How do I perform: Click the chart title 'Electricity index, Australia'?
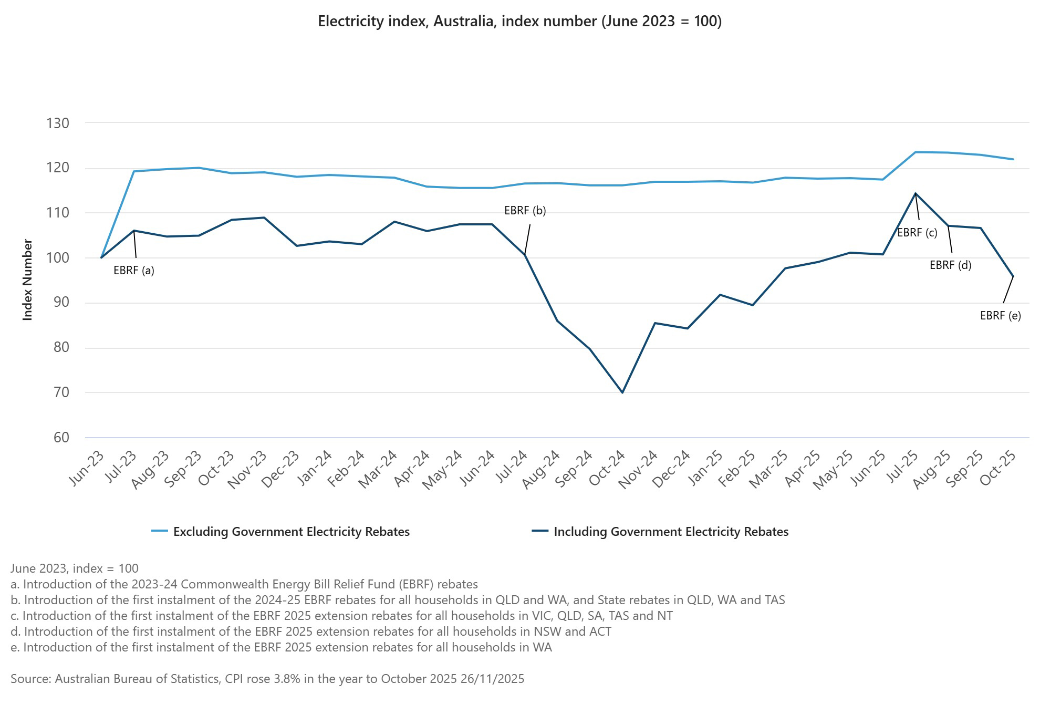coord(519,22)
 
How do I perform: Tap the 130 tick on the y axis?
coord(58,123)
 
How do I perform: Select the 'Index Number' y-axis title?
coord(28,279)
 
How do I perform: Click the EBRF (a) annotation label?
coord(134,271)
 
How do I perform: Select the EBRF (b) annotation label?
coord(525,211)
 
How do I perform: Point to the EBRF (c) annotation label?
coord(917,233)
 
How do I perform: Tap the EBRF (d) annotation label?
coord(950,265)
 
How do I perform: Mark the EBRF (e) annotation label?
coord(1000,316)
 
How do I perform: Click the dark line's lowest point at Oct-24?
coord(622,392)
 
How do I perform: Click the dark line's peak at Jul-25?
coord(916,193)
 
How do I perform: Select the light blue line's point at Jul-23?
coord(134,171)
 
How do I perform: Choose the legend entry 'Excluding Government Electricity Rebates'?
coord(291,532)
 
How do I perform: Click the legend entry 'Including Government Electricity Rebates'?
coord(671,532)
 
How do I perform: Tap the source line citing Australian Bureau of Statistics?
coord(267,679)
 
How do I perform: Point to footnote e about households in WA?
coord(281,647)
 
